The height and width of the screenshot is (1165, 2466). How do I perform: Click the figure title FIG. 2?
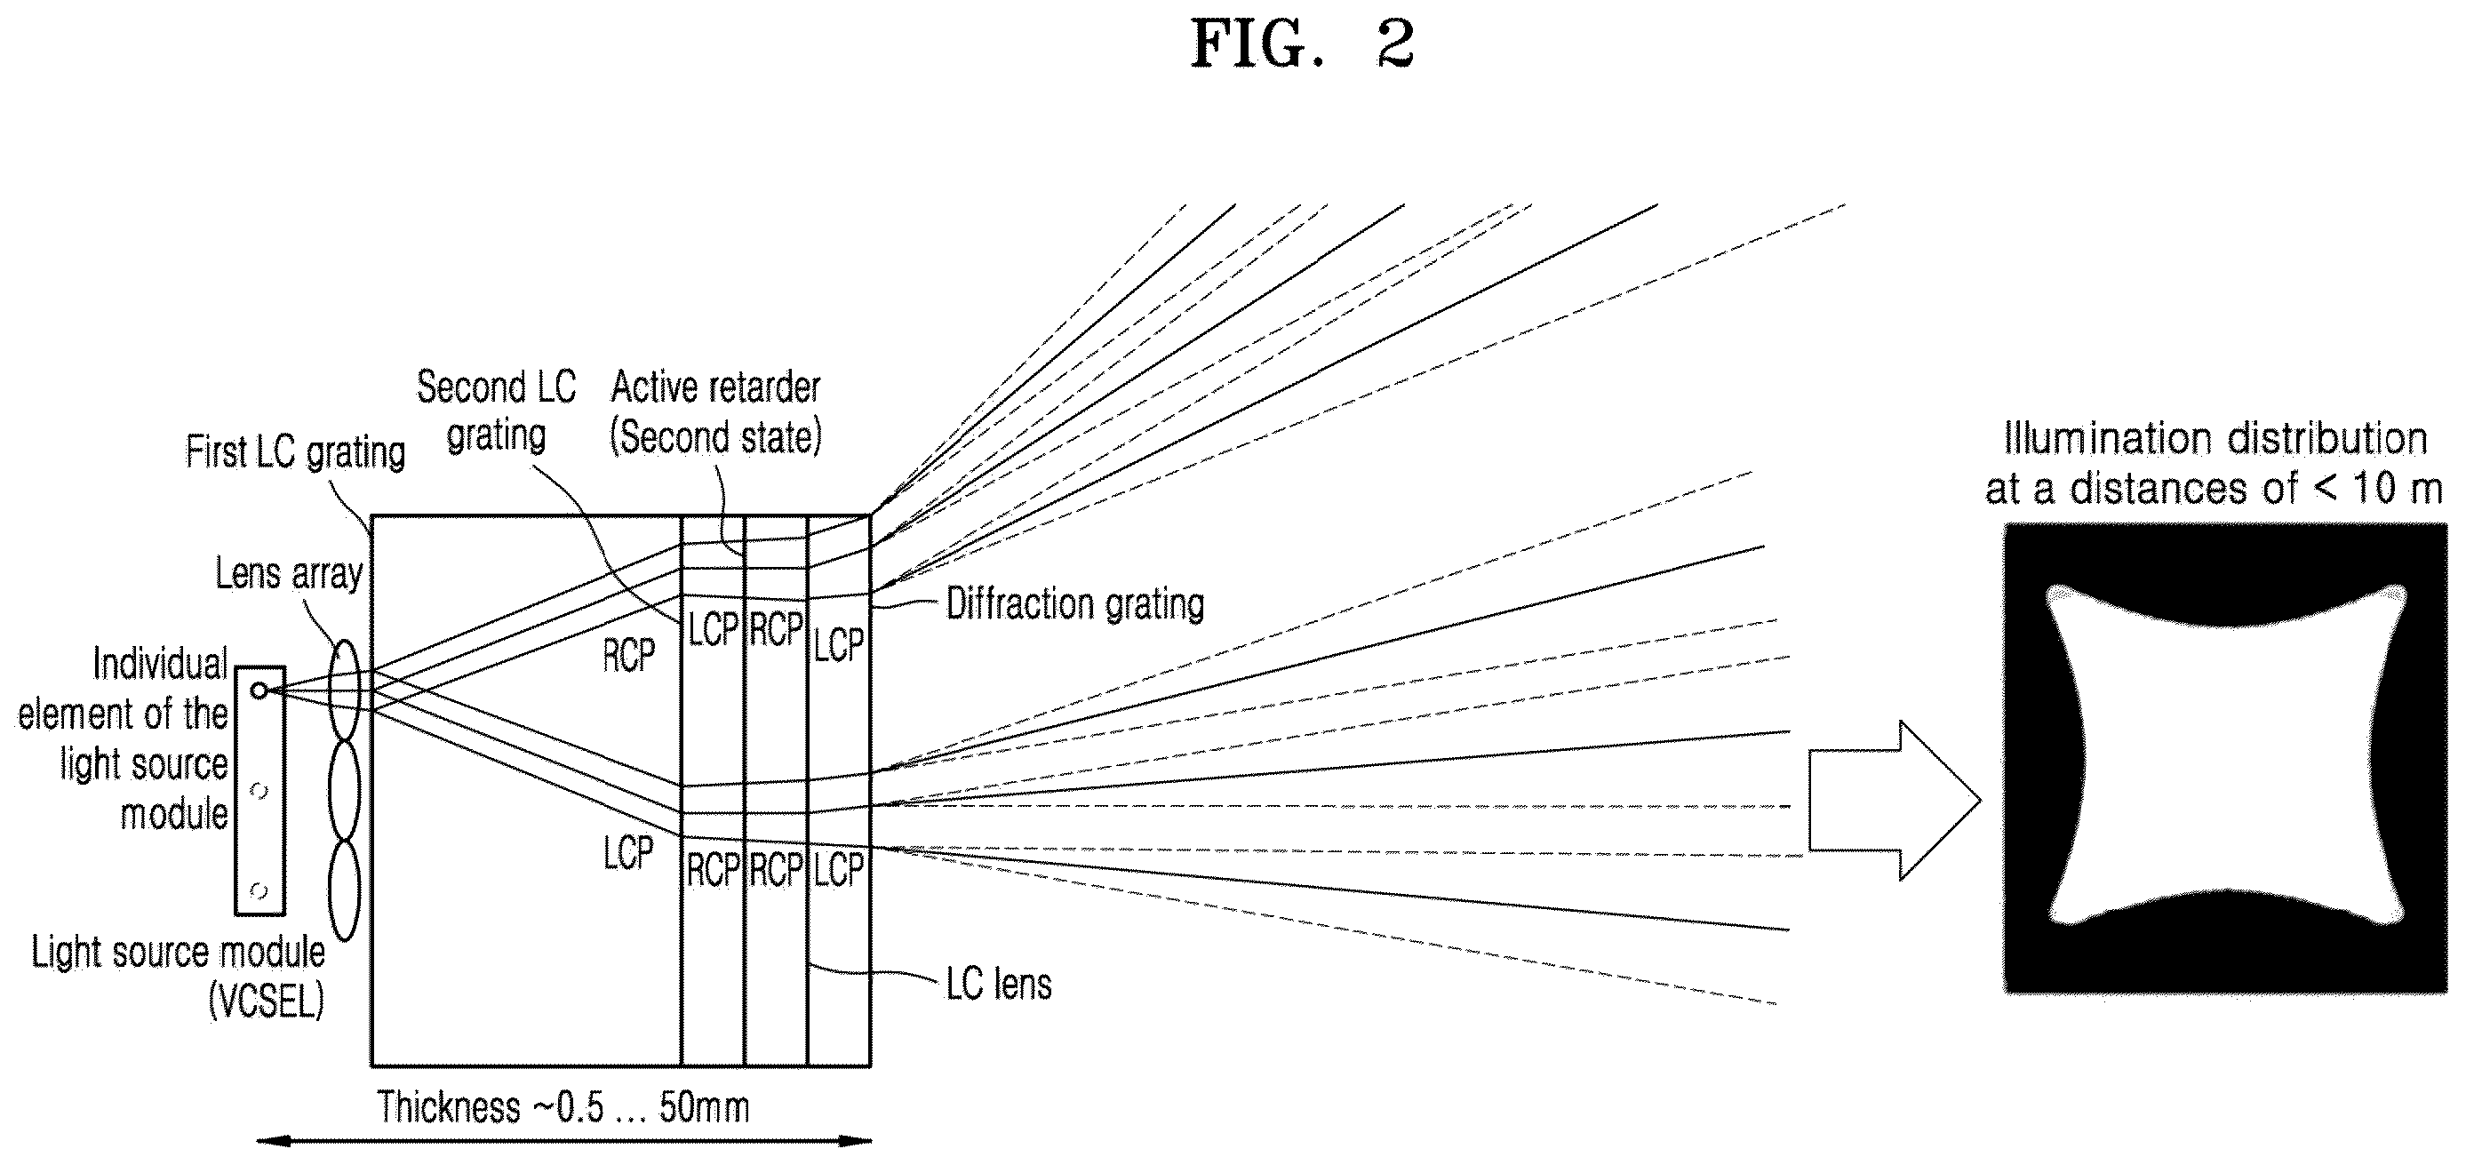1302,44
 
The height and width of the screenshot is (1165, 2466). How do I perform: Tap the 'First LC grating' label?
296,451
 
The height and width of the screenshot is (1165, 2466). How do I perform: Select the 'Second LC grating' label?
497,411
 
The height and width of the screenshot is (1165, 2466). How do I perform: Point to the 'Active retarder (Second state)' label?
716,412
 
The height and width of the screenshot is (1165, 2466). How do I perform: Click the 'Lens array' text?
289,573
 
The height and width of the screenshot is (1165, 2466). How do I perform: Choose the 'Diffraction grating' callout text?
1075,604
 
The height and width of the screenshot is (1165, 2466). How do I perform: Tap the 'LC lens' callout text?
999,984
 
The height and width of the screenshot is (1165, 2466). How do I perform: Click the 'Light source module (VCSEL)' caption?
178,977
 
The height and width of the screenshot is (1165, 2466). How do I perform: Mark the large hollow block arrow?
1895,801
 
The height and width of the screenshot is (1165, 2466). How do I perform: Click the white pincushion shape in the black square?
2225,755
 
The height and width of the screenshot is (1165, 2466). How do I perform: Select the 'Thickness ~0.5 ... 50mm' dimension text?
563,1107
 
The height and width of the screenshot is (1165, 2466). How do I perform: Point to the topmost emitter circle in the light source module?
259,690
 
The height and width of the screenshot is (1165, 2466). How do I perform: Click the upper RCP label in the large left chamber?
629,656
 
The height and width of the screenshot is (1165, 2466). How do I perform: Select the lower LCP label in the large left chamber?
628,852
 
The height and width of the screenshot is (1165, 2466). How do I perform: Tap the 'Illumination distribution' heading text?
2215,438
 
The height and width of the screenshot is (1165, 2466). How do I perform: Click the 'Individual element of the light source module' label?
124,738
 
